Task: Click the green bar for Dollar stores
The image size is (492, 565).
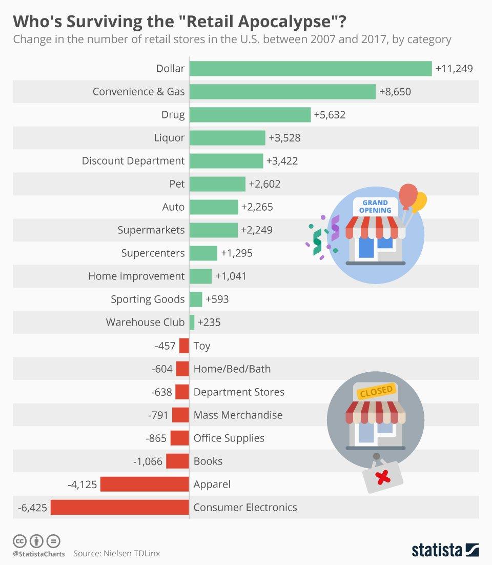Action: tap(311, 69)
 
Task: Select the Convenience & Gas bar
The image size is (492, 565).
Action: tap(282, 92)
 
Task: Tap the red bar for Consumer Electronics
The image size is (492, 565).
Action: tap(120, 508)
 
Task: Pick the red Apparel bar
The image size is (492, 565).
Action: tap(145, 484)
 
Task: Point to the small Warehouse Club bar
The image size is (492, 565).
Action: tap(192, 322)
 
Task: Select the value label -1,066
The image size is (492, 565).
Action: tap(148, 461)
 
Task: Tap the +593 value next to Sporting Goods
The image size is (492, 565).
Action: tap(217, 299)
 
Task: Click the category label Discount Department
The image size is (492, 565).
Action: tap(133, 161)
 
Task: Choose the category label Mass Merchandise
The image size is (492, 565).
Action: tap(238, 415)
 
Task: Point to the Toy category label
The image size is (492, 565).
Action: tap(202, 346)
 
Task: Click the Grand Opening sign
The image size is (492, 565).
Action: tap(375, 206)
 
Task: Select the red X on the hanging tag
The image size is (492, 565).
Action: tap(383, 478)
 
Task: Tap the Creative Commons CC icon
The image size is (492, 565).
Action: tap(19, 541)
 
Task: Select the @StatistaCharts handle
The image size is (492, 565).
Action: tap(39, 554)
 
